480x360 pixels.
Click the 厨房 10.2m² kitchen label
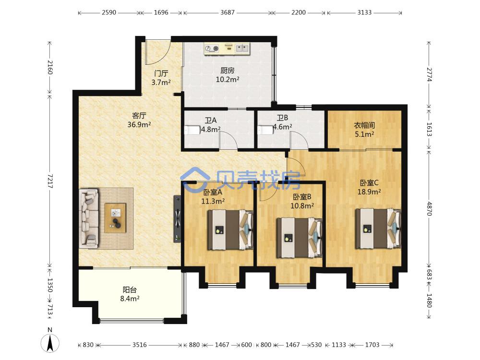point(227,75)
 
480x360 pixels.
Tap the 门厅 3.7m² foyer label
point(161,78)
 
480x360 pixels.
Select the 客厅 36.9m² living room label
point(139,120)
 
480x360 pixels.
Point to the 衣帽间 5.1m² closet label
point(364,130)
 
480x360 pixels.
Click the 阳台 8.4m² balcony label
point(130,294)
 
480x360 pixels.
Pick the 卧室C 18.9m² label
point(369,187)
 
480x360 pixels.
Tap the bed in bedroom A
point(231,229)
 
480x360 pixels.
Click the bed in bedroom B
point(300,238)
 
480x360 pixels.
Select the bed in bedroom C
point(378,228)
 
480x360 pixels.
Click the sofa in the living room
point(89,218)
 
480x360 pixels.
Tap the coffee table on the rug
point(115,218)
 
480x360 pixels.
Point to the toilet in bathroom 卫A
point(192,130)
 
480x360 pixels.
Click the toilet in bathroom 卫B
point(265,130)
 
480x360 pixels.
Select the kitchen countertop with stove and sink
point(228,49)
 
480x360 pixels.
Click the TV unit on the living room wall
point(177,219)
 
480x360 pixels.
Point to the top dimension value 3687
point(228,12)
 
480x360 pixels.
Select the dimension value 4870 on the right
point(429,208)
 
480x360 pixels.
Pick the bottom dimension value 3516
point(140,345)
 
